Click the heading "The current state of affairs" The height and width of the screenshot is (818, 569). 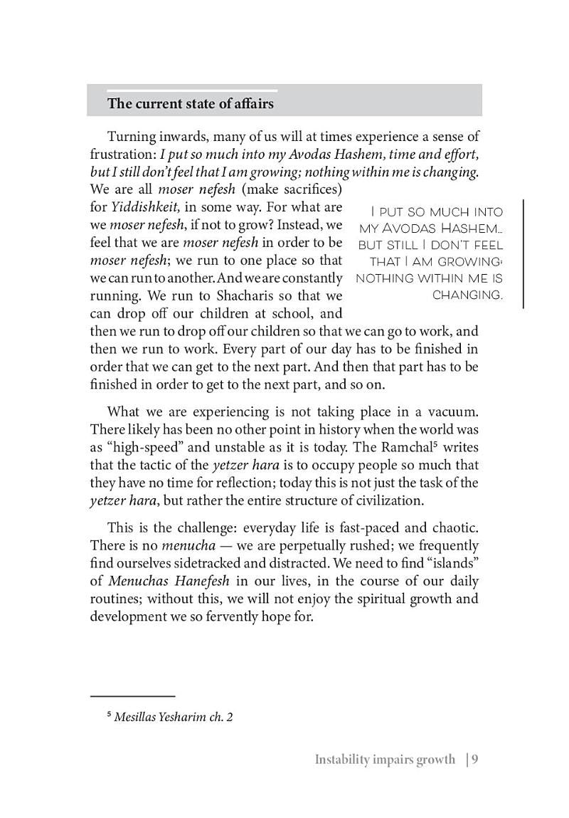point(190,104)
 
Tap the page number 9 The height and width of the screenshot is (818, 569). point(475,759)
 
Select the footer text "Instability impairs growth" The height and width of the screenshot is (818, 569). point(385,760)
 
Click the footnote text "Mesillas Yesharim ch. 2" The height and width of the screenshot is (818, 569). point(174,718)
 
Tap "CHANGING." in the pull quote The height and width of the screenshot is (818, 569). point(467,295)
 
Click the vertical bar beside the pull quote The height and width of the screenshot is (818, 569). point(523,253)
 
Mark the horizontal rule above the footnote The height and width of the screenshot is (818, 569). point(132,696)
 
